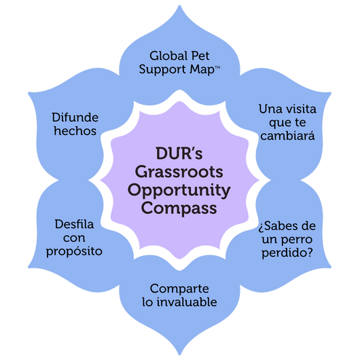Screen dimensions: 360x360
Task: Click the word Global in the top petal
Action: tap(168, 56)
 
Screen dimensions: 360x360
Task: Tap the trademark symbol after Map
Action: tap(217, 67)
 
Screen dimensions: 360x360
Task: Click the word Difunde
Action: tap(75, 118)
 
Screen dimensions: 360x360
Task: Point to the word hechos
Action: tap(75, 130)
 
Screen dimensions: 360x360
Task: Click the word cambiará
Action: tap(287, 135)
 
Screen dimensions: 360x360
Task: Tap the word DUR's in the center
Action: tap(179, 153)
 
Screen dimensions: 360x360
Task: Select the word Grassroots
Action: tap(179, 171)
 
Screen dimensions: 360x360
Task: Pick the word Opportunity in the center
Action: tap(179, 191)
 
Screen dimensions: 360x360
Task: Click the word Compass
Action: tap(179, 209)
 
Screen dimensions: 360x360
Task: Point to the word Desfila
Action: tap(74, 224)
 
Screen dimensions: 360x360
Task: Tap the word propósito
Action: tap(74, 251)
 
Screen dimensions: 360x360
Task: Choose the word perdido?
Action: tap(287, 253)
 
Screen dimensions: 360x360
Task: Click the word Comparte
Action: tap(179, 289)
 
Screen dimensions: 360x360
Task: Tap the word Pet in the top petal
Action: tap(200, 56)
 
